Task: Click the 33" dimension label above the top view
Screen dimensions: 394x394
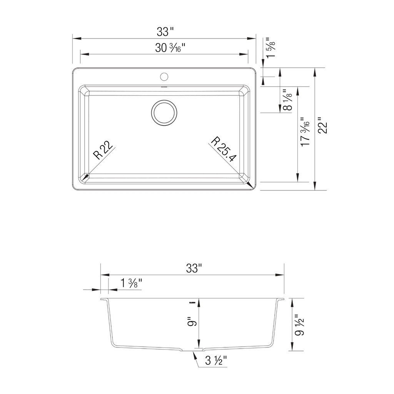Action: [x=165, y=32]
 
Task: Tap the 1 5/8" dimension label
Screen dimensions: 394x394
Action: [x=271, y=48]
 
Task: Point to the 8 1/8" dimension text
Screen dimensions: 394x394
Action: [x=287, y=100]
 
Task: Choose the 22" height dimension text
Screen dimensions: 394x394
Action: [x=323, y=125]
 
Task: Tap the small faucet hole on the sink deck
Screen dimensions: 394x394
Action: [x=164, y=77]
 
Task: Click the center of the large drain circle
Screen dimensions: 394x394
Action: [x=164, y=113]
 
